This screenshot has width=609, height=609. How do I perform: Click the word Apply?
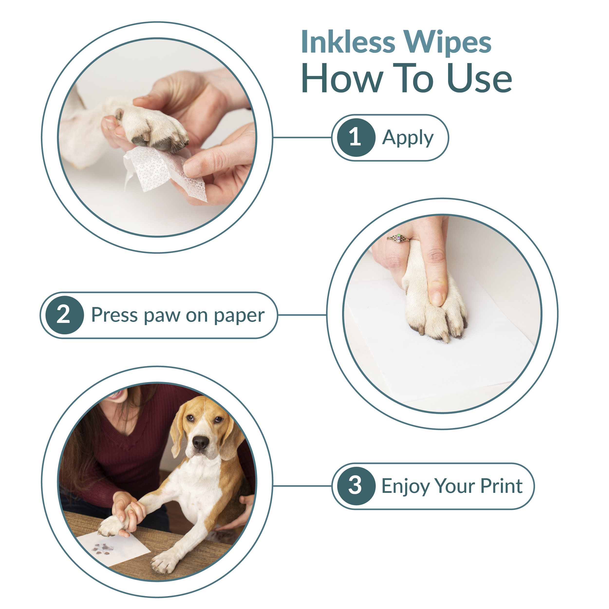tap(408, 138)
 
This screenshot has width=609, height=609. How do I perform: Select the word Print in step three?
tap(501, 486)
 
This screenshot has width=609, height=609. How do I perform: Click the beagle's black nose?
tap(200, 442)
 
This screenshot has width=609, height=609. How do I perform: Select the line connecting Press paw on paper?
tap(302, 315)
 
